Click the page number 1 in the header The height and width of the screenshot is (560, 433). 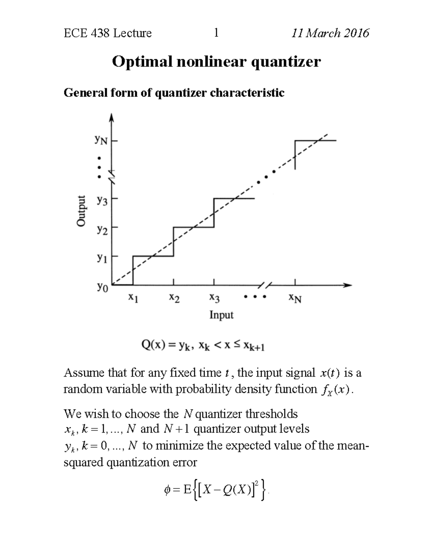coord(216,33)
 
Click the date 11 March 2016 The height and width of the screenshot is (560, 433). coord(330,33)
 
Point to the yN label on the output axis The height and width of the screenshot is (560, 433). coord(101,140)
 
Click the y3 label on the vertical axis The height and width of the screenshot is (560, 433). coord(102,200)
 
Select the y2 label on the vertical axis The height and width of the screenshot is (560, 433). coord(102,229)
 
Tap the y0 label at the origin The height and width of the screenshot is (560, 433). coord(102,287)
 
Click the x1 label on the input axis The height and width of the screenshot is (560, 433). coord(133,298)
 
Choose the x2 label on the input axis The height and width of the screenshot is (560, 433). coord(174,298)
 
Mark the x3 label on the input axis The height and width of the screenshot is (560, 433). coord(214,298)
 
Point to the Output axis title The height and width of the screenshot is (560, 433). coord(82,211)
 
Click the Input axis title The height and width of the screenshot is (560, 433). coord(221,315)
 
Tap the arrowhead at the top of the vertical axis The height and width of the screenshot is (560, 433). coord(112,118)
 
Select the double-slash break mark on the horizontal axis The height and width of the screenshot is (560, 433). coord(265,285)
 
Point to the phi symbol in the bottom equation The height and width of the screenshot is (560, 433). coord(167,490)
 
